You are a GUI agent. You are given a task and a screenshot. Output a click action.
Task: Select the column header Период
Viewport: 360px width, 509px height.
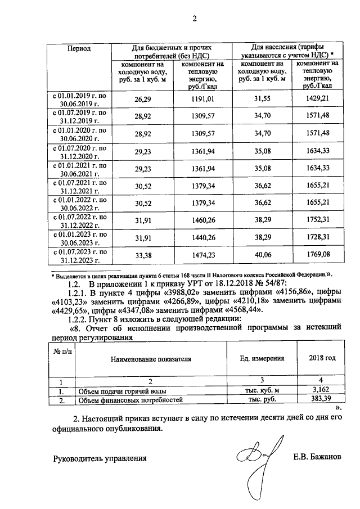pyautogui.click(x=79, y=49)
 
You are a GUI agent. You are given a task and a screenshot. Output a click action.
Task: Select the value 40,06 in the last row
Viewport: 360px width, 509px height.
pyautogui.click(x=263, y=256)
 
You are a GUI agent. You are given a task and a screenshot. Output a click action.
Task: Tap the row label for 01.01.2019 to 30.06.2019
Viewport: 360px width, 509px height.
pyautogui.click(x=79, y=100)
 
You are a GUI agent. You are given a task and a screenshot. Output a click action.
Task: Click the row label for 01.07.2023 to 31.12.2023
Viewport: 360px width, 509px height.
pyautogui.click(x=79, y=256)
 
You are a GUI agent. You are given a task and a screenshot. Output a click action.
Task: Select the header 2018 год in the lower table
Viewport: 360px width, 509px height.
pyautogui.click(x=322, y=358)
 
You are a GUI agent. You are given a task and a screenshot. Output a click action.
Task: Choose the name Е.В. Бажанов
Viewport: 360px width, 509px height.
pyautogui.click(x=317, y=457)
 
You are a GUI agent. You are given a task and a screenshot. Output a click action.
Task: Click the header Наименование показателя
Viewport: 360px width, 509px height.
pyautogui.click(x=151, y=358)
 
